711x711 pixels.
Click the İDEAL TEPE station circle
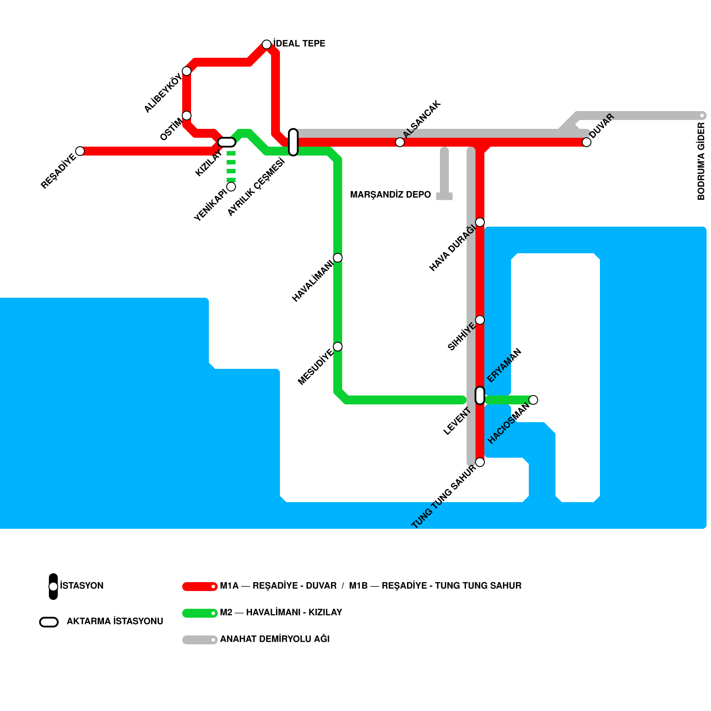(x=267, y=44)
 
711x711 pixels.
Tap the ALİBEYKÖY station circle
(x=187, y=71)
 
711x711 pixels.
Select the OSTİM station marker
(x=187, y=116)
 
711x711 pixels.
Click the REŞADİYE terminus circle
(x=80, y=151)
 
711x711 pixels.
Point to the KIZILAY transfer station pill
(x=227, y=142)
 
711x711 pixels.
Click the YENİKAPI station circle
(x=231, y=187)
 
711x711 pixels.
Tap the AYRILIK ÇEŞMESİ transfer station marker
(x=293, y=142)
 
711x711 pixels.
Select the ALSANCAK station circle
(x=400, y=142)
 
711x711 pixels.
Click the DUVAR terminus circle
(x=587, y=142)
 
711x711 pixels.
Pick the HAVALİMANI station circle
(x=338, y=258)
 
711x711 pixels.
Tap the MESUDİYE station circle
(x=338, y=347)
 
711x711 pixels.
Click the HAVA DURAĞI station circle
(x=480, y=222)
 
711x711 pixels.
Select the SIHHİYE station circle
(x=480, y=320)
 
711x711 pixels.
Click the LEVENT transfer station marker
(x=480, y=395)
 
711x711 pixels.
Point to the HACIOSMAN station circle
(x=533, y=400)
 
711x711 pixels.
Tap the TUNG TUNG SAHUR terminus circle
(x=480, y=462)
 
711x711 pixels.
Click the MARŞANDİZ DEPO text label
(x=390, y=195)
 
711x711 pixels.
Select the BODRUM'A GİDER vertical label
(x=701, y=161)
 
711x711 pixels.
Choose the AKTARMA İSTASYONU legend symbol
(x=49, y=622)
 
